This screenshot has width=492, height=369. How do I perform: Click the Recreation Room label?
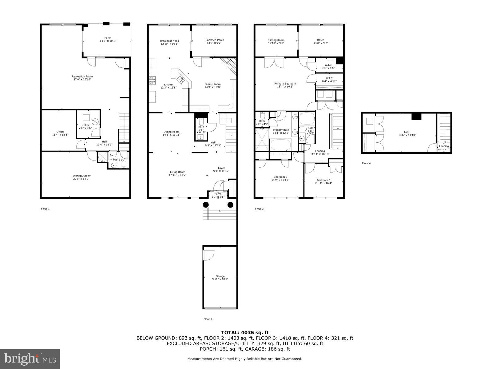[x=82, y=77]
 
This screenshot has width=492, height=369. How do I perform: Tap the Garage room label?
[x=220, y=276]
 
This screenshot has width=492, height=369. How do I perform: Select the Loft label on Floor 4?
[x=406, y=132]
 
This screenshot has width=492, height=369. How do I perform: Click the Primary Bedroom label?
[x=285, y=84]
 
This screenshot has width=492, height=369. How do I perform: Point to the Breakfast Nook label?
[x=169, y=41]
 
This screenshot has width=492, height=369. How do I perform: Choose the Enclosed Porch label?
[x=215, y=40]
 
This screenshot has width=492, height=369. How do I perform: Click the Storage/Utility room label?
[x=81, y=176]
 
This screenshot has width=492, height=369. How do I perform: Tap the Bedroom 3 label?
[x=323, y=180]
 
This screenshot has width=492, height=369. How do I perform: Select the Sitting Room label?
[x=276, y=40]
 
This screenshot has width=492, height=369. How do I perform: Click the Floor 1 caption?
[x=45, y=209]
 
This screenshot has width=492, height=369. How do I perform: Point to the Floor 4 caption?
[x=366, y=163]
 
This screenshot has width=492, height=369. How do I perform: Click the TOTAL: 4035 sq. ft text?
[x=245, y=332]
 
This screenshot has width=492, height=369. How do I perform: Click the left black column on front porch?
[x=206, y=204]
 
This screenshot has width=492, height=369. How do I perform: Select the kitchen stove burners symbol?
[x=152, y=80]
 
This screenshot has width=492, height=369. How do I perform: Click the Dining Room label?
[x=171, y=132]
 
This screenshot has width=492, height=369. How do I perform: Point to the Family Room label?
[x=213, y=84]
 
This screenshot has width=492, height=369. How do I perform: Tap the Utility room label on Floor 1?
[x=85, y=125]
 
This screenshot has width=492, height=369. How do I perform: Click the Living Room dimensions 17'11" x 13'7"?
[x=178, y=175]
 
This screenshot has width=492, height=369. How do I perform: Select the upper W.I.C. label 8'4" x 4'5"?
[x=327, y=68]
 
